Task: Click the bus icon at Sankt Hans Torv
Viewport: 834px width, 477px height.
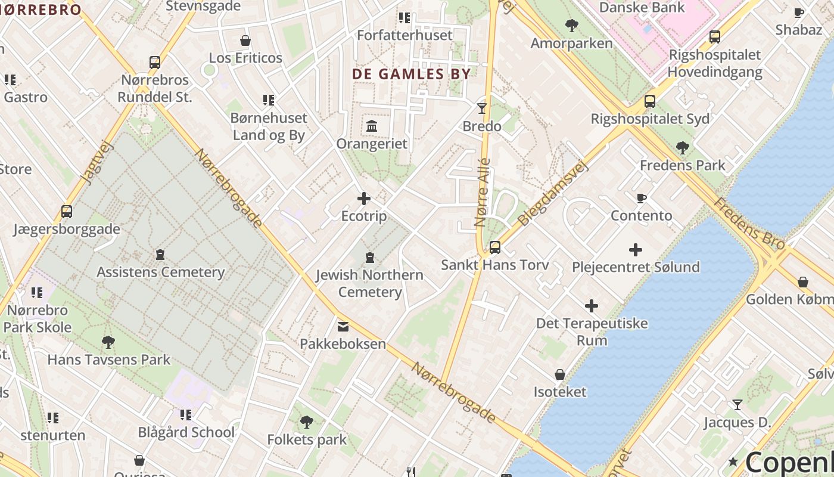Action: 494,247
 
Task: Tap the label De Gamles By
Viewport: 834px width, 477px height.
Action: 411,74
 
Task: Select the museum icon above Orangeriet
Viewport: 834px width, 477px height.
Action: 372,126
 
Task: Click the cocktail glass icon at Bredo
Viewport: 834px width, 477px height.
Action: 482,109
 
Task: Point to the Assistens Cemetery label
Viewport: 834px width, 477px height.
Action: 160,272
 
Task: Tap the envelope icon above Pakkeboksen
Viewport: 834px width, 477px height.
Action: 343,326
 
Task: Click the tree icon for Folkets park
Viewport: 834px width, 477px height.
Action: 307,422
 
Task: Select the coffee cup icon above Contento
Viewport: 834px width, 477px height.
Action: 641,198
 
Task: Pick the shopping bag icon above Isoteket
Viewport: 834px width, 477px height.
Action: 559,374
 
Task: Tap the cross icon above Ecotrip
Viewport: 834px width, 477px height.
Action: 363,199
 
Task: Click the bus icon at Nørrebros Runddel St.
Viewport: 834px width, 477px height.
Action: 154,62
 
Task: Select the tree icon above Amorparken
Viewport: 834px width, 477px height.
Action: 571,26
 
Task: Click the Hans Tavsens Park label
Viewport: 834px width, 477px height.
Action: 108,360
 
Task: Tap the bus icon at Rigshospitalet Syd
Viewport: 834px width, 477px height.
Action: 649,101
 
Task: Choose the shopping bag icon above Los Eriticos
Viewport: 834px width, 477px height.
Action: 245,41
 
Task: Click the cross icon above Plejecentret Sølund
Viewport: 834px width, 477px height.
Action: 636,250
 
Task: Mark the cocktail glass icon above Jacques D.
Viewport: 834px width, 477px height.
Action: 737,405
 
